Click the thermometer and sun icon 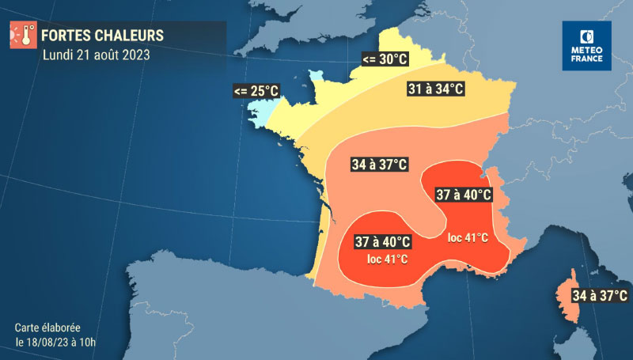[21, 36]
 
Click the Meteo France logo [587, 46]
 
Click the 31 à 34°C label [434, 89]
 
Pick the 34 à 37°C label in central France [380, 165]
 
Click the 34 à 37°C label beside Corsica [600, 296]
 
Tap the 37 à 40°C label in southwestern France [383, 241]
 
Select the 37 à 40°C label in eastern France [463, 195]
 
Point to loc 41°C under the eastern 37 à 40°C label [468, 237]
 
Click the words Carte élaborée [47, 327]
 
